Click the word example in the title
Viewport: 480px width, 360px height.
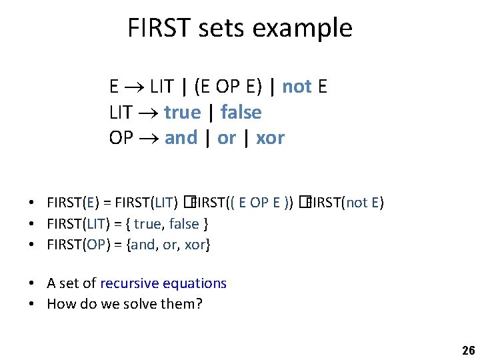(x=304, y=29)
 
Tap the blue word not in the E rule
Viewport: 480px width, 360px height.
(x=297, y=87)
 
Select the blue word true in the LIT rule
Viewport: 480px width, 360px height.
(x=182, y=112)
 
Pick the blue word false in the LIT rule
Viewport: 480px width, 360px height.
(x=241, y=112)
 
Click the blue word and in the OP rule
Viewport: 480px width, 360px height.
(x=181, y=138)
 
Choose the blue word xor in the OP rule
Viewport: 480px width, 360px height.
(x=270, y=138)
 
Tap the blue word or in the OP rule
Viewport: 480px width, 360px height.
(x=227, y=138)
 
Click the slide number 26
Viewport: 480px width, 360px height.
(x=467, y=351)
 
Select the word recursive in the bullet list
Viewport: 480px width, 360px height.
(x=131, y=283)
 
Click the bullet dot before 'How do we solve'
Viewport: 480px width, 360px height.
(x=32, y=305)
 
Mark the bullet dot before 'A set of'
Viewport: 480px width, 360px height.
(x=32, y=284)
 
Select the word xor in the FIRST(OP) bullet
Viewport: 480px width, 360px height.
(x=195, y=244)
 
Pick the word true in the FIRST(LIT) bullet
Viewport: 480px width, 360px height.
(x=147, y=223)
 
